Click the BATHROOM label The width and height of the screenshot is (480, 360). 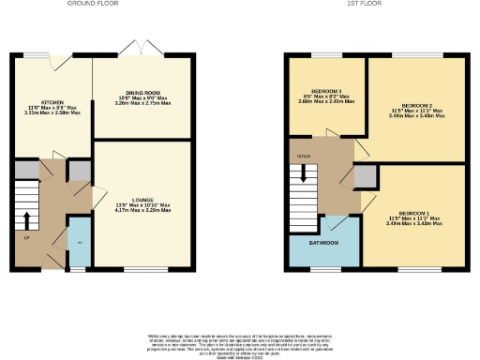coord(324,242)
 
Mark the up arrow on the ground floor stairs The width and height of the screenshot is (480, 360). coord(27,220)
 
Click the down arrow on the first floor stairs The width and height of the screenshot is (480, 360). coord(302,173)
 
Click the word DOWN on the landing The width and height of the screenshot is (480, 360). coord(303,157)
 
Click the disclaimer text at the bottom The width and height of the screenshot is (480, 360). coord(240,342)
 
